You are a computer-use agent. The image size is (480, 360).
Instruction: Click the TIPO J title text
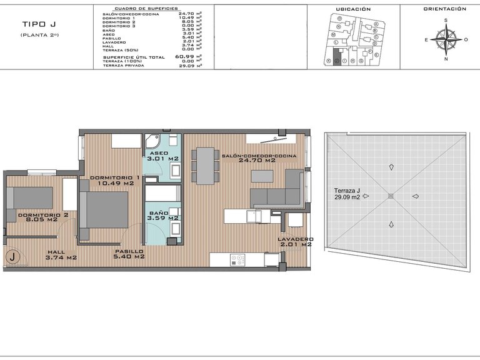coord(38,24)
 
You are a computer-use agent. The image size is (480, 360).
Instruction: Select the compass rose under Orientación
coord(446,39)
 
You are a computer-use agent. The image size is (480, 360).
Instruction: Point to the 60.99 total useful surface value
coord(184,57)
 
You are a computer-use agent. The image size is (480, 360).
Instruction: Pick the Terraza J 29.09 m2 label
coord(346,193)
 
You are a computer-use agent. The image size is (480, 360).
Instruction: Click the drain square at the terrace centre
coord(391,196)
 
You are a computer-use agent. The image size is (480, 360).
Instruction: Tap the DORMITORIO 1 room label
coord(114,180)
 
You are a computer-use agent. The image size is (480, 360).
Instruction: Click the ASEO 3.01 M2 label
coord(162,156)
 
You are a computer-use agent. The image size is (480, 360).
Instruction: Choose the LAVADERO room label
coord(296,242)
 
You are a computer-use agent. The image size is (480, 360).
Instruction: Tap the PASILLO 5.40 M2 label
coord(129,254)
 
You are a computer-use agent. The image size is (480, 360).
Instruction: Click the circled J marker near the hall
coord(12,257)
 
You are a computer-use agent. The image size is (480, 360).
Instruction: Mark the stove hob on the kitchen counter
coord(238,258)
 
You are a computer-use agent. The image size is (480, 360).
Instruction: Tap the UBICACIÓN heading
coord(353,9)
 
